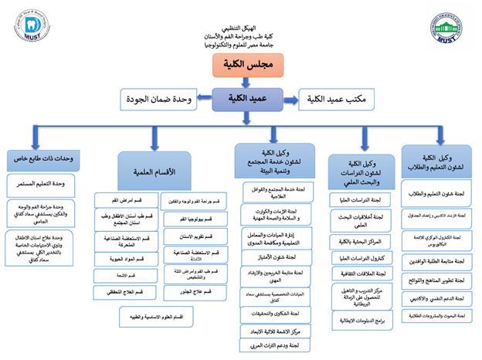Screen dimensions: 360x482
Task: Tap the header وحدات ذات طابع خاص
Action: [46, 159]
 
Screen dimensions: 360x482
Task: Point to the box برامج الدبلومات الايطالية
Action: [361, 317]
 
